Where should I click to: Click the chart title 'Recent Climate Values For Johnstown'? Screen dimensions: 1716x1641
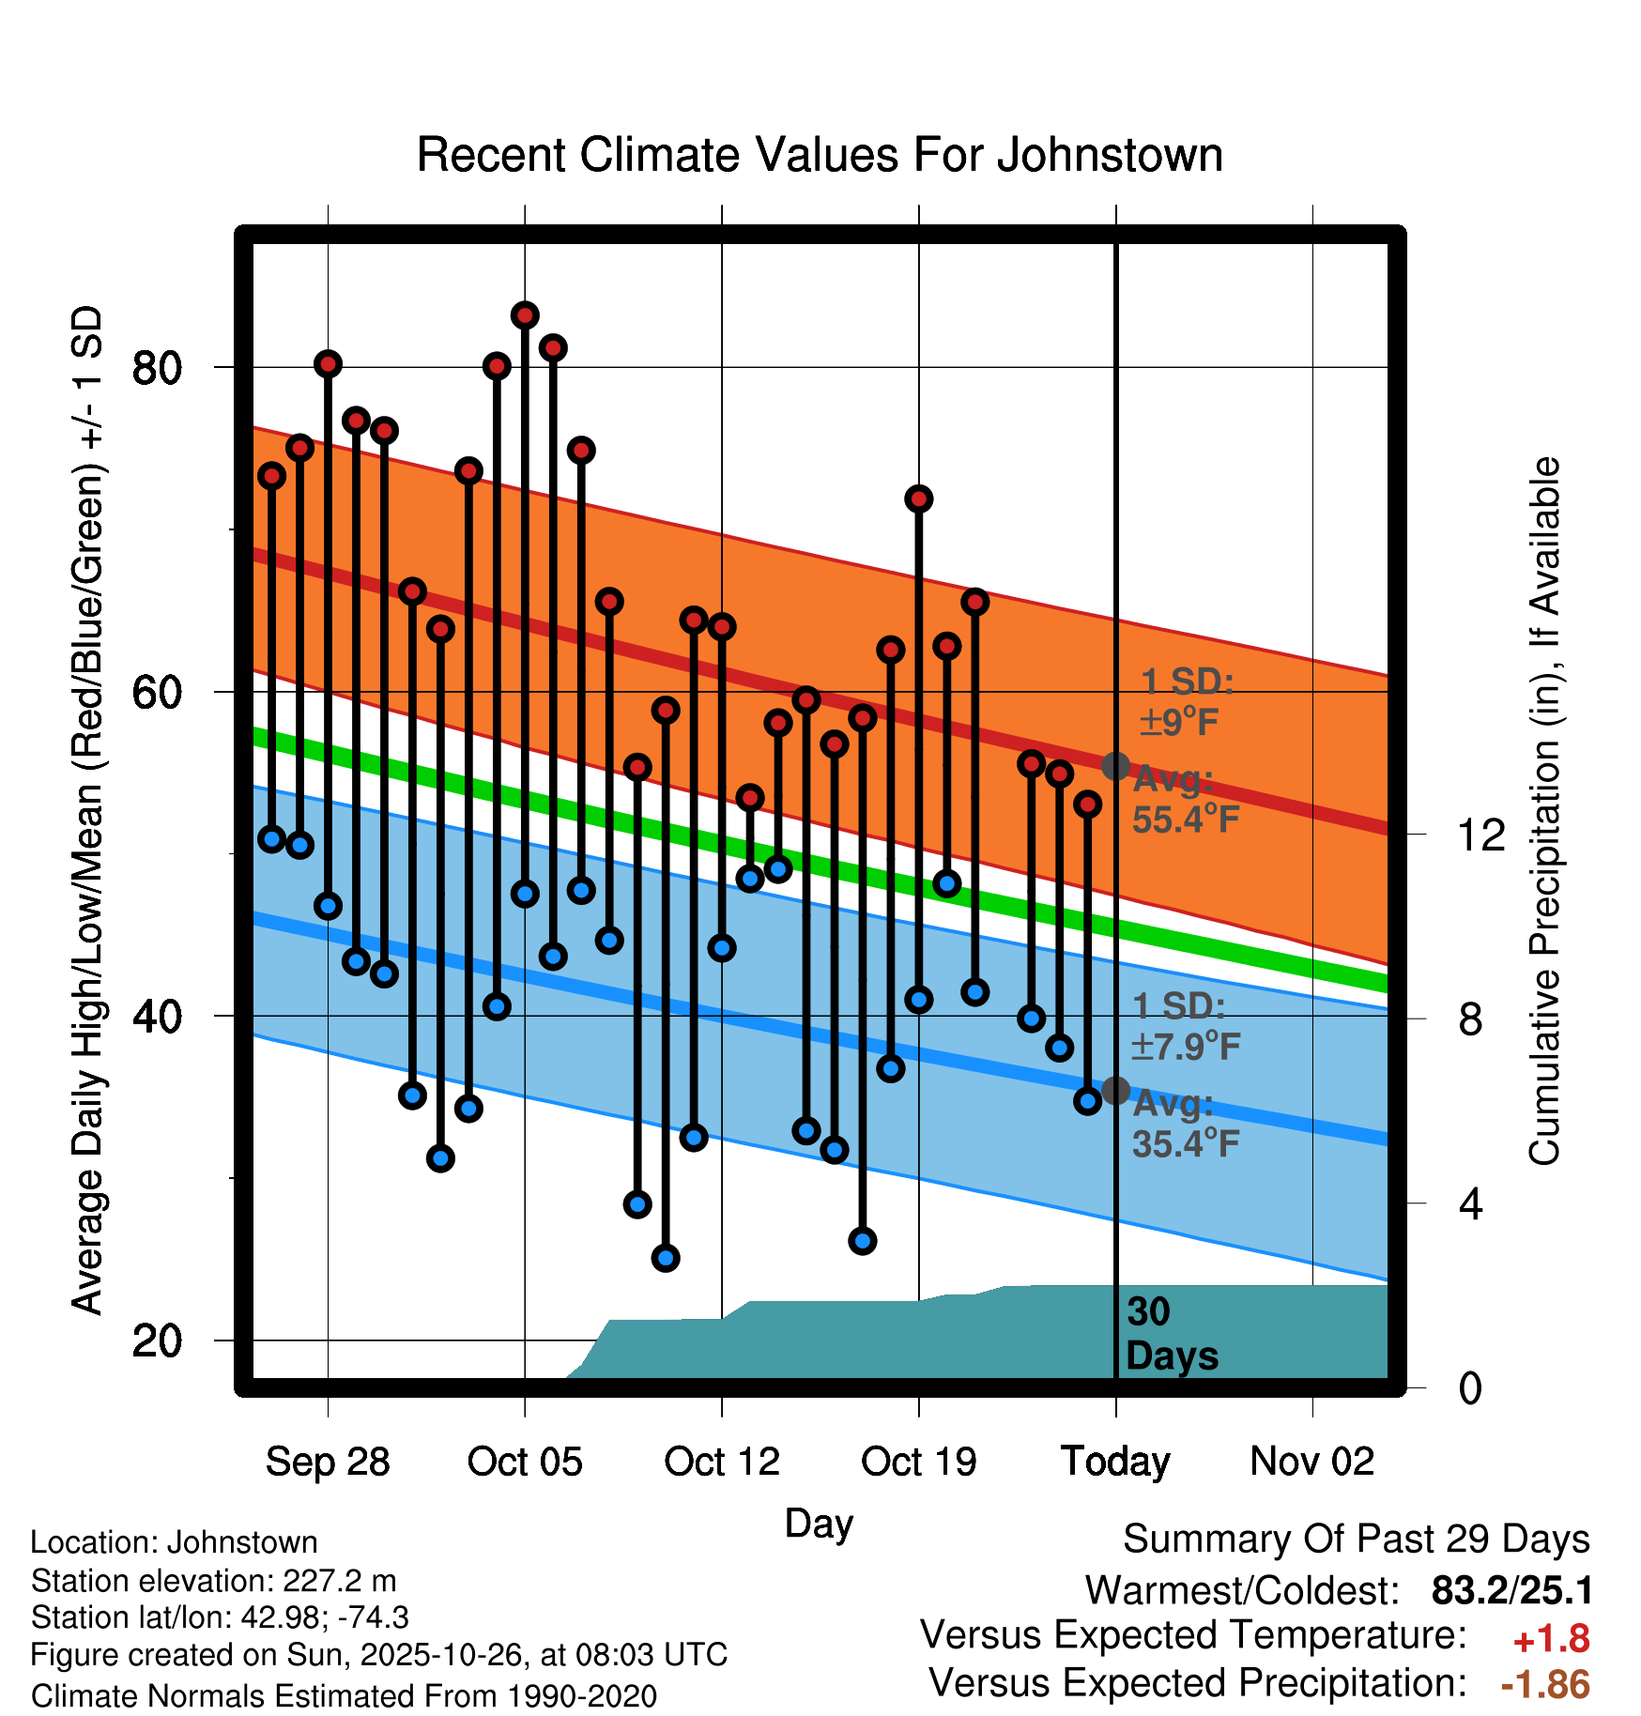point(820,155)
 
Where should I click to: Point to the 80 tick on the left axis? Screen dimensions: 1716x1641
point(157,368)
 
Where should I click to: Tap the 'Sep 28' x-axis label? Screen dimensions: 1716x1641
point(328,1462)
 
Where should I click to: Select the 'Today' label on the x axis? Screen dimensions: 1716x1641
point(1115,1462)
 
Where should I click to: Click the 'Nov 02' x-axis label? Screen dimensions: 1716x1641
point(1312,1462)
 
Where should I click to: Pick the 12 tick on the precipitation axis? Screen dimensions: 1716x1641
point(1481,835)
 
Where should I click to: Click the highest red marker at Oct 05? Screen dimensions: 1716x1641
point(525,315)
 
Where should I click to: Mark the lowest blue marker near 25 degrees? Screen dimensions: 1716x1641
point(666,1258)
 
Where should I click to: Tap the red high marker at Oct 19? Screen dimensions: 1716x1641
point(919,498)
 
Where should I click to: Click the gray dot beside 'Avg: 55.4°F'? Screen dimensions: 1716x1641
point(1115,766)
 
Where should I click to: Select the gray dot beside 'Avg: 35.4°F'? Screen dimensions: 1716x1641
point(1115,1091)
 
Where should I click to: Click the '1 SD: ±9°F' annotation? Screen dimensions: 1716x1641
point(1185,701)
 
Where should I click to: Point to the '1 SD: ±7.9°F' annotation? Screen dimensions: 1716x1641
point(1185,1026)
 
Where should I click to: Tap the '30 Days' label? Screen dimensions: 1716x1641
point(1171,1334)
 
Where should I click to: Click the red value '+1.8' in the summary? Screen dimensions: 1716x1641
point(1552,1639)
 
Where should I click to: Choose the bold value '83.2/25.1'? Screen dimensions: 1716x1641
point(1511,1591)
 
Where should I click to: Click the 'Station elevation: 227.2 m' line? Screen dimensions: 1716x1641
point(214,1581)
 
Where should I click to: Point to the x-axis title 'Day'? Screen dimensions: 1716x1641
point(819,1523)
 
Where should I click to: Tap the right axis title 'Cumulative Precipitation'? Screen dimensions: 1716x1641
point(1543,812)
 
